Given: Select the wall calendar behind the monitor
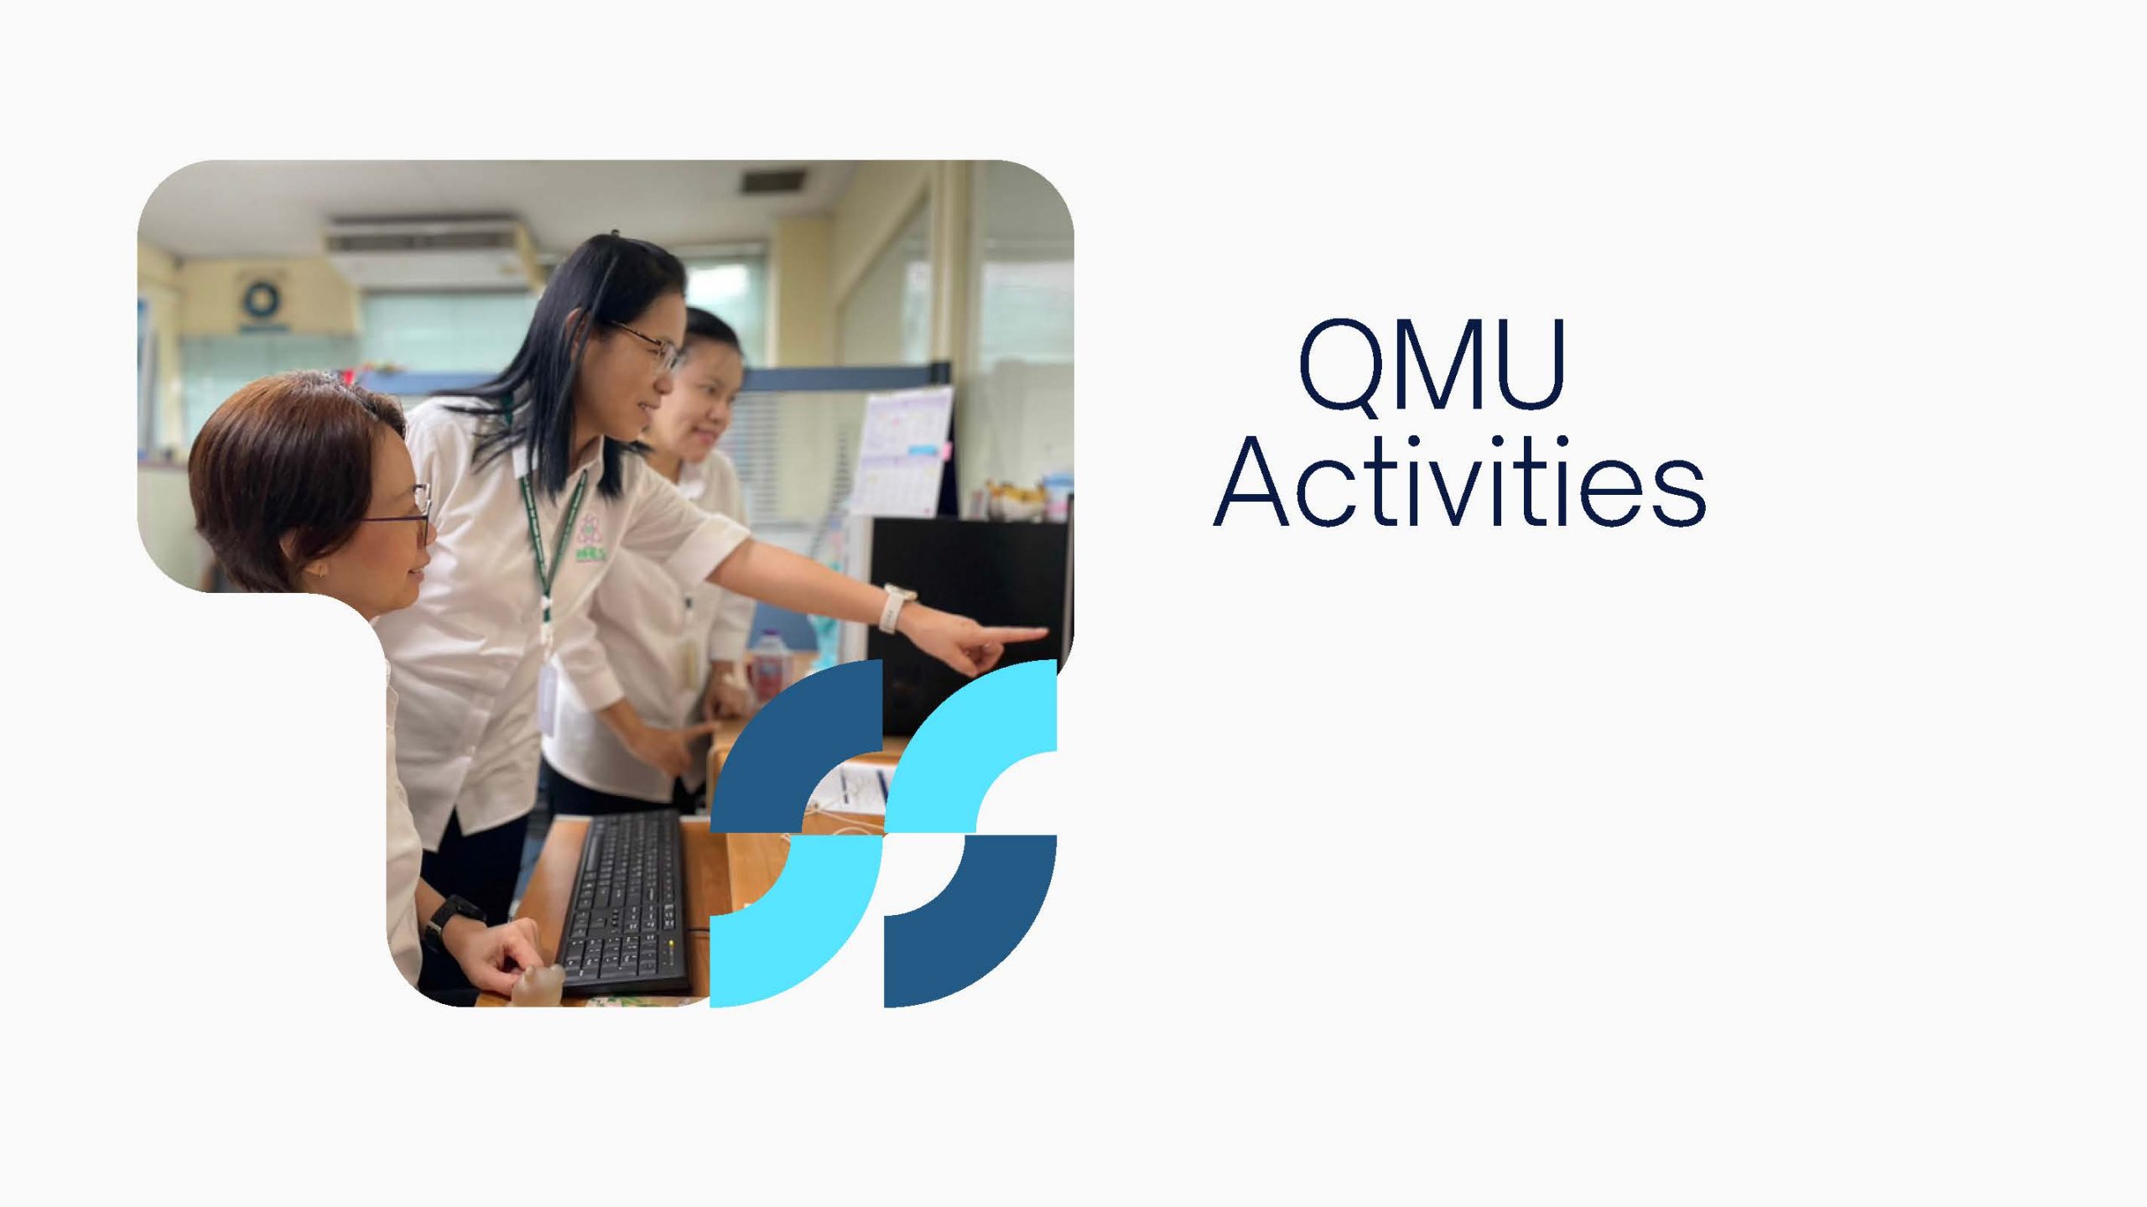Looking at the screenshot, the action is point(904,451).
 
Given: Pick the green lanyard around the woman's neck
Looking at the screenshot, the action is point(549,545).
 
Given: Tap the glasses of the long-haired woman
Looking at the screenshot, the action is point(650,346).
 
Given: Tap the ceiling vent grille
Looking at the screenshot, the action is point(772,179).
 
